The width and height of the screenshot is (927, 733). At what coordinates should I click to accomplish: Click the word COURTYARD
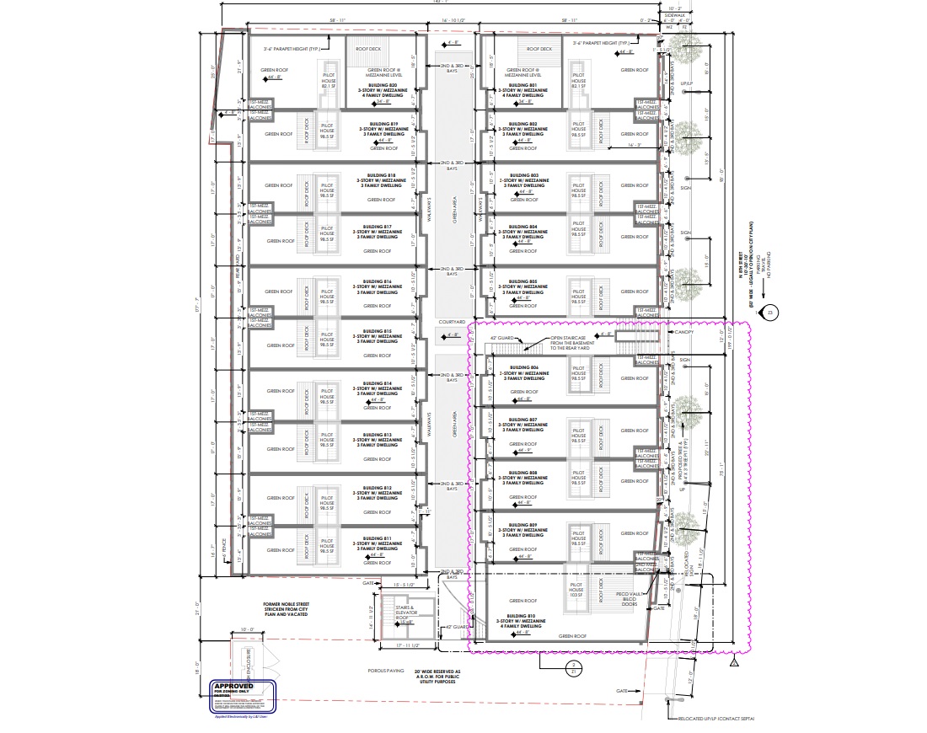pyautogui.click(x=452, y=321)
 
